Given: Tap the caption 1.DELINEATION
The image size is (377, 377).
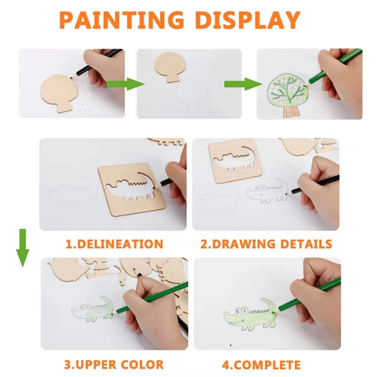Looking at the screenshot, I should (114, 244).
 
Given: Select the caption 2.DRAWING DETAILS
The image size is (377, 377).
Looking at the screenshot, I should (266, 244).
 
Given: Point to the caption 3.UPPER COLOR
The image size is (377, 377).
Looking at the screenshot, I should (114, 365).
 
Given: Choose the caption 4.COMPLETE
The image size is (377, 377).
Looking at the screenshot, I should (261, 365).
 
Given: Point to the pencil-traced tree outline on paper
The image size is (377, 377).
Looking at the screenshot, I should (192, 94).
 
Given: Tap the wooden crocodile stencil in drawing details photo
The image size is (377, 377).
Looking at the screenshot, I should (230, 160).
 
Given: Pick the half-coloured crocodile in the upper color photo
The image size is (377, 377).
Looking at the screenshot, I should (92, 309).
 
